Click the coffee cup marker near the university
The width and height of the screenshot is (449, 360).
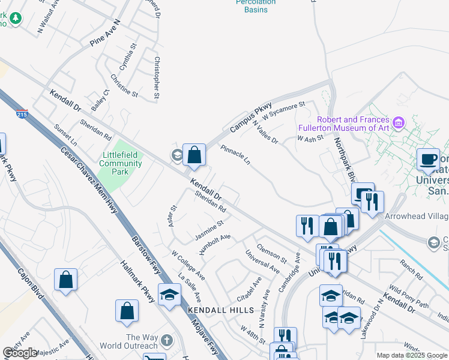(428, 160)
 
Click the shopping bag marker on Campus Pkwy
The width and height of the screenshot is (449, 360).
(194, 155)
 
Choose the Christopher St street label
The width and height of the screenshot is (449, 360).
(157, 77)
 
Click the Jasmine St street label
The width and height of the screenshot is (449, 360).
(209, 230)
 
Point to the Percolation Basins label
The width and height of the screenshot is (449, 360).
(255, 6)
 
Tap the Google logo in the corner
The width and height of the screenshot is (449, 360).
(19, 353)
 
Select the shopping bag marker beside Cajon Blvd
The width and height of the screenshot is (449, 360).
(65, 280)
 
